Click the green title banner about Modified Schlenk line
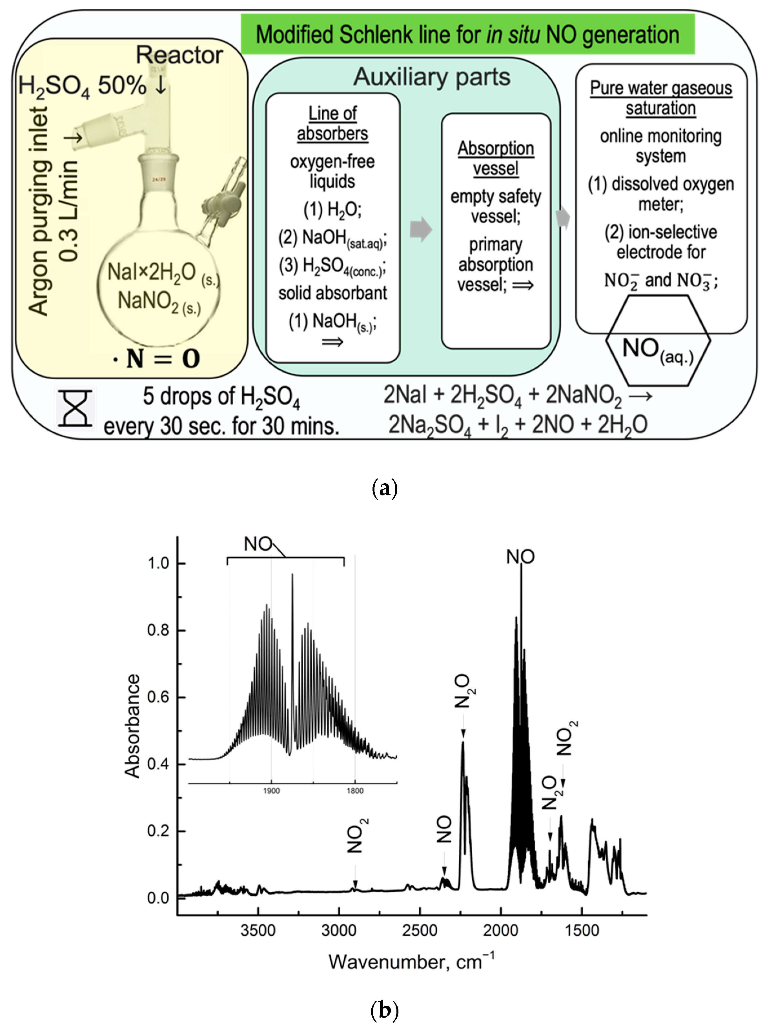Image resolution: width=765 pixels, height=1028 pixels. [x=468, y=34]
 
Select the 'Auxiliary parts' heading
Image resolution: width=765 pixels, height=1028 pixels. [x=432, y=77]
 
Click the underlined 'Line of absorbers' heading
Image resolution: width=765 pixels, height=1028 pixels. [x=332, y=123]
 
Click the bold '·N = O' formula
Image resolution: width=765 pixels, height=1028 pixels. [x=158, y=359]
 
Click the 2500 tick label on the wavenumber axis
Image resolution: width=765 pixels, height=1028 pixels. [x=420, y=930]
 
